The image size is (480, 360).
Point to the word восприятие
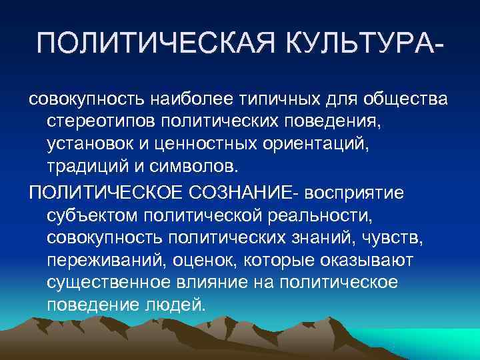pos(359,193)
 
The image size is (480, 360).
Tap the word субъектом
pos(89,215)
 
